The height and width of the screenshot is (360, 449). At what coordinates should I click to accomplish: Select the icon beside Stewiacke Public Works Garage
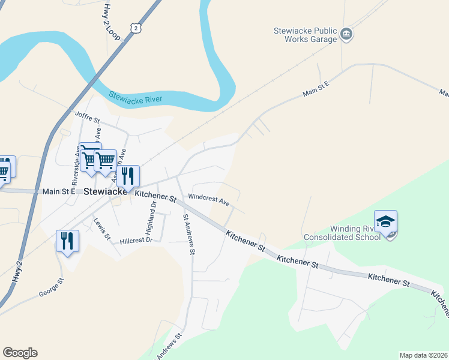pos(346,34)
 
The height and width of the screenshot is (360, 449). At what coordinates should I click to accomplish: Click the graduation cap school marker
pos(385,221)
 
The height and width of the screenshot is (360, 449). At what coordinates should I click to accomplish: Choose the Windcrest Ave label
pos(209,199)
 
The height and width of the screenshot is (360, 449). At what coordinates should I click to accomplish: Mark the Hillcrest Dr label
pos(136,240)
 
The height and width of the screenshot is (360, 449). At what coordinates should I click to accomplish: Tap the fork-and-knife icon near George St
pos(67,241)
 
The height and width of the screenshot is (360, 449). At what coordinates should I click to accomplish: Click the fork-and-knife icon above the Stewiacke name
pos(128,176)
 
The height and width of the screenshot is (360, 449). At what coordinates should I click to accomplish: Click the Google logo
pos(20,353)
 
